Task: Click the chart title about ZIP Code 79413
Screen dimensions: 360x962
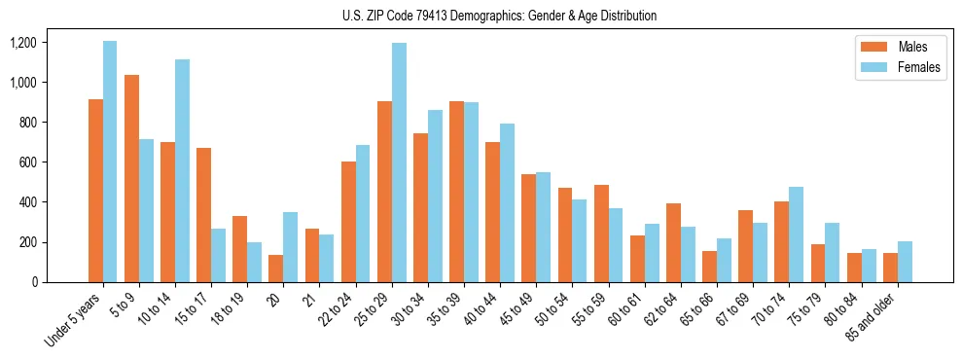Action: click(499, 16)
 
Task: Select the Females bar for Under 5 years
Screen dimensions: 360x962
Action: click(110, 162)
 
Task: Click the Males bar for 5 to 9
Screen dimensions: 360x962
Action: click(131, 178)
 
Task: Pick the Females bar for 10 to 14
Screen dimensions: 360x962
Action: click(182, 170)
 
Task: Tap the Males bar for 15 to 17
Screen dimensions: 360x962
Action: click(203, 215)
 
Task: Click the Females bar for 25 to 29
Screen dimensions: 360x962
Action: click(399, 162)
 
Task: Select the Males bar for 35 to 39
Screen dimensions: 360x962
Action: click(456, 192)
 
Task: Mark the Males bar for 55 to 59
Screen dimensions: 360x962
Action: click(601, 234)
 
